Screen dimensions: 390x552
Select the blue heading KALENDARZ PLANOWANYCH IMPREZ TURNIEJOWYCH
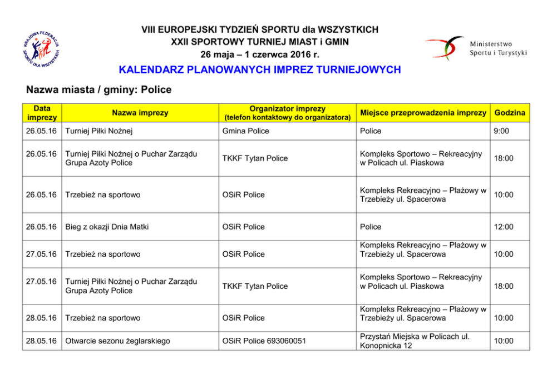pos(260,70)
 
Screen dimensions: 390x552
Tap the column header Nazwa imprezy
pos(140,113)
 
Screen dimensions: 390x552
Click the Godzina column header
pos(509,113)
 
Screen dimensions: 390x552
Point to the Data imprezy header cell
pos(42,113)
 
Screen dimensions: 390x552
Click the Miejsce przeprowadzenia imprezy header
pos(423,113)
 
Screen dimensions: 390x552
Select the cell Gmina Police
pos(245,131)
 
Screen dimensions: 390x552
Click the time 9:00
pos(501,131)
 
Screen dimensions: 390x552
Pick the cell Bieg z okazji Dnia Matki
pos(107,227)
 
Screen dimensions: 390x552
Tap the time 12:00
pos(503,227)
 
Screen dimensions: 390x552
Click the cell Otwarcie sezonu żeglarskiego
pos(117,341)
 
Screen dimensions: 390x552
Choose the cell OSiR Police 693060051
pos(264,341)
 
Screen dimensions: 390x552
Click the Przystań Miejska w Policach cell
pos(415,341)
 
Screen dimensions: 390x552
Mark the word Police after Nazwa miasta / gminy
pos(156,89)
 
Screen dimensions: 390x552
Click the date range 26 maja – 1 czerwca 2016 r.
pos(260,54)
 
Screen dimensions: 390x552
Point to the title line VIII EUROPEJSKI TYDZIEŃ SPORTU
pos(260,29)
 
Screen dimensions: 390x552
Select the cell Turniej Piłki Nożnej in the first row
pos(98,131)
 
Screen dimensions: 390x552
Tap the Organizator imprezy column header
pos(287,113)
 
